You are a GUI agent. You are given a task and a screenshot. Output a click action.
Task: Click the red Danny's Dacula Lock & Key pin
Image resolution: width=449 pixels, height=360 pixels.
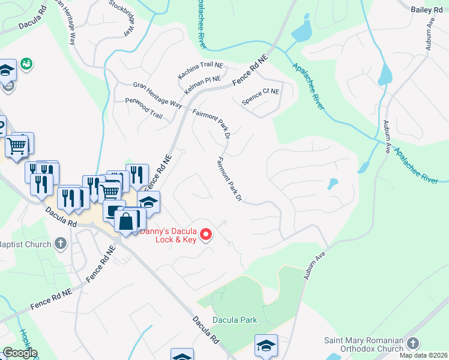206,233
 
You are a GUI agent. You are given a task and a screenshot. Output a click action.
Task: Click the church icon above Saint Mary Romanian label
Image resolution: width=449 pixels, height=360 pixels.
412,343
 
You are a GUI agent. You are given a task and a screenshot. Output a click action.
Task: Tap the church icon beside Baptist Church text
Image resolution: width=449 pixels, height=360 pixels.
59,244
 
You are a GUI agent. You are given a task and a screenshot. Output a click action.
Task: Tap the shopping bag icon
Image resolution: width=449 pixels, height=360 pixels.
126,220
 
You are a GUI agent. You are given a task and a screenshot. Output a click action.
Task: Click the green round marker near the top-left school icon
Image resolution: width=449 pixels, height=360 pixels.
26,63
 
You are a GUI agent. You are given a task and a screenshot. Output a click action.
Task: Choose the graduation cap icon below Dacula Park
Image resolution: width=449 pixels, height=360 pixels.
266,345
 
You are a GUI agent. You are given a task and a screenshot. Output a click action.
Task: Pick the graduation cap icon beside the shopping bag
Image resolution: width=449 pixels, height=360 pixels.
149,202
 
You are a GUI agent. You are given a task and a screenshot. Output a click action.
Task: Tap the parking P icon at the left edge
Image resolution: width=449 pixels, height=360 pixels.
1,127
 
